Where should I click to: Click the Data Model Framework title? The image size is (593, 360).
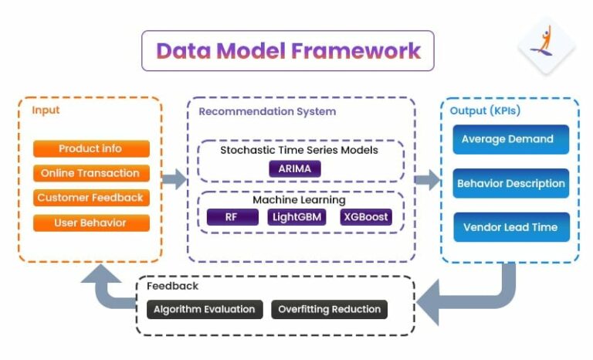click(x=288, y=51)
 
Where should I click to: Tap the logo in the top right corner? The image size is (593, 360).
click(x=546, y=45)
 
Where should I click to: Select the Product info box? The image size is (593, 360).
click(x=91, y=148)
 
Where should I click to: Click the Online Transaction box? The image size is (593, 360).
click(x=91, y=173)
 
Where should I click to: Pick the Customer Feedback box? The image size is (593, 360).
click(x=91, y=198)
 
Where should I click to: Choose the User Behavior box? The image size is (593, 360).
click(x=91, y=222)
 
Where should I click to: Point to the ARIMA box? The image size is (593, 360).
click(x=294, y=168)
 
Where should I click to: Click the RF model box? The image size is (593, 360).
click(x=232, y=217)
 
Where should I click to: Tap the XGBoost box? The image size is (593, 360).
click(x=366, y=217)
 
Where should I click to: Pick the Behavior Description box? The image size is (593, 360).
click(x=510, y=184)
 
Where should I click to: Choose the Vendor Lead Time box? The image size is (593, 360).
click(x=510, y=228)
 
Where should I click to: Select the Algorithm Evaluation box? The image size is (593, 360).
click(x=205, y=309)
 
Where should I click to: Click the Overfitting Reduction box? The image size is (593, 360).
click(x=329, y=309)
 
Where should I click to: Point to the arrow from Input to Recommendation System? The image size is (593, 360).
click(x=174, y=179)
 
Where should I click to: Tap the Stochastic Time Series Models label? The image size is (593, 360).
click(x=299, y=150)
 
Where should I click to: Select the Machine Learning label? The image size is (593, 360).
click(x=299, y=200)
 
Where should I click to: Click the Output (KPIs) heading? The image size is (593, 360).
click(x=485, y=111)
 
